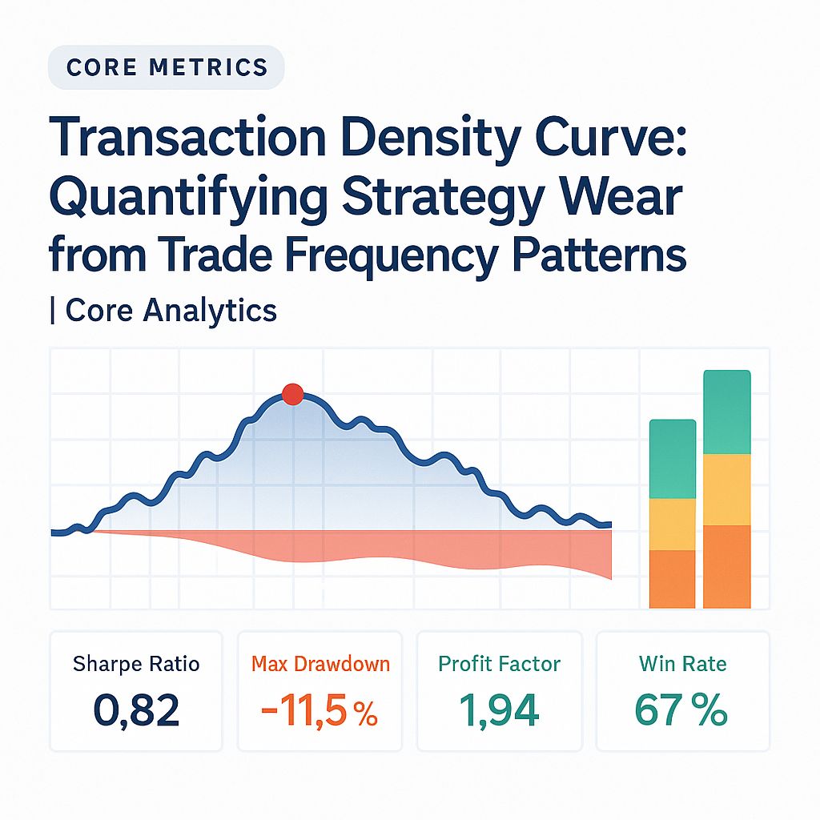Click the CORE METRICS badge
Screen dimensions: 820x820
pos(167,67)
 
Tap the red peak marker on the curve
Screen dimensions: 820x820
pos(293,394)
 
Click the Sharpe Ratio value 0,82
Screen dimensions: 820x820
pos(136,710)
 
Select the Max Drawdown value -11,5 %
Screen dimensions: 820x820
pos(319,710)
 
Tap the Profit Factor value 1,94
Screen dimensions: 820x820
pos(500,710)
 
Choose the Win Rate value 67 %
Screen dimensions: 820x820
pos(681,710)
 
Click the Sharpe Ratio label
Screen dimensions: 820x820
pos(136,664)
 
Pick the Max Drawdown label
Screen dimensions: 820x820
pos(320,664)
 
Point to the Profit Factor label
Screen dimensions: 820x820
pos(500,664)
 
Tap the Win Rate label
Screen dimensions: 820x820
pos(682,664)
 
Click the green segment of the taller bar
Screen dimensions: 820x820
pos(726,412)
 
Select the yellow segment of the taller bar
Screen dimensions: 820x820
pos(726,489)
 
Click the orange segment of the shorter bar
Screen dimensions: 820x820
pos(672,579)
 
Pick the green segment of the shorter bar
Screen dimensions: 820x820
pos(672,459)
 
